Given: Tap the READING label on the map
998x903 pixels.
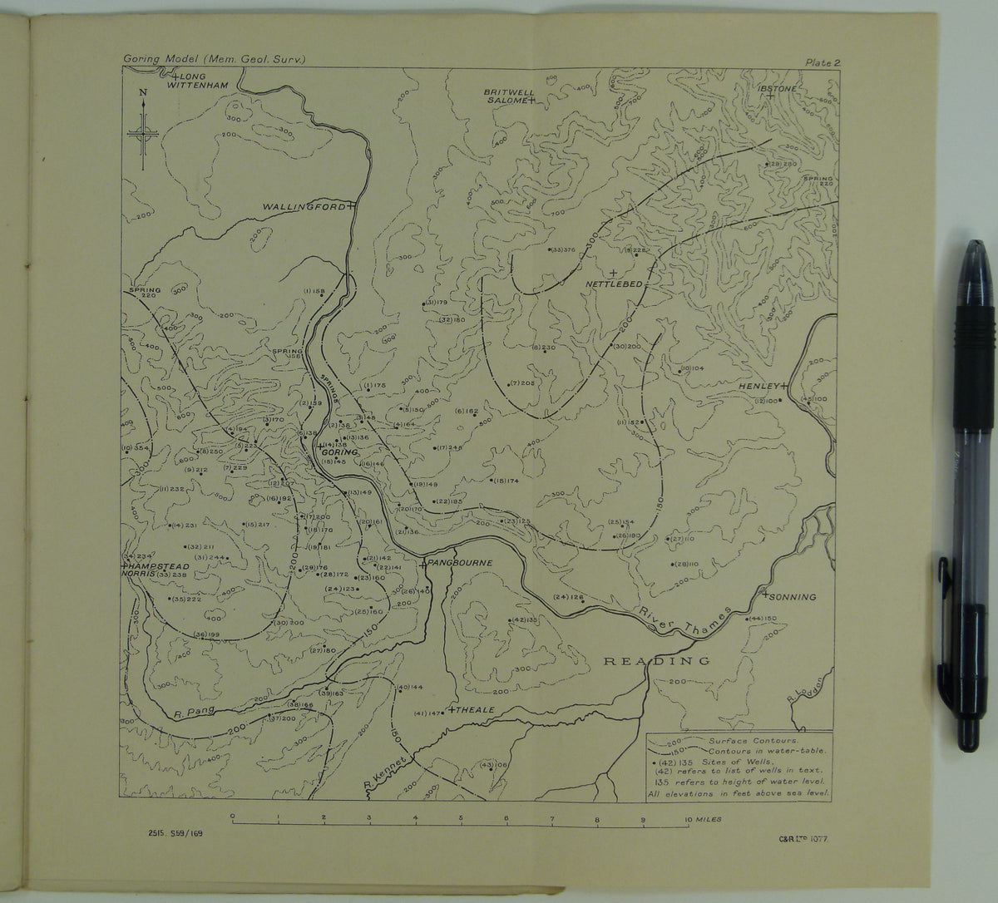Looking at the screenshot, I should tap(656, 662).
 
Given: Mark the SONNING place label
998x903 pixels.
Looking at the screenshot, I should tap(793, 597).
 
